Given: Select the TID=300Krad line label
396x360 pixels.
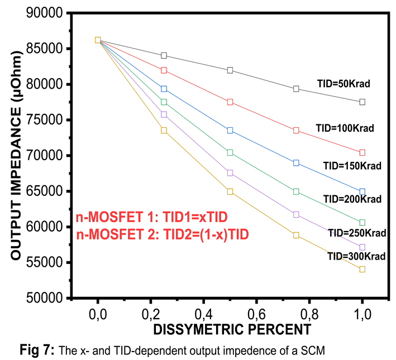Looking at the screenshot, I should click(357, 256).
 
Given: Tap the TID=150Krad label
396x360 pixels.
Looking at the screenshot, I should click(352, 166).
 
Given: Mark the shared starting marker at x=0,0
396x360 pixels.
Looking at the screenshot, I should click(98, 40).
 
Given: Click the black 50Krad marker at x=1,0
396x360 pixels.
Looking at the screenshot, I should click(362, 102).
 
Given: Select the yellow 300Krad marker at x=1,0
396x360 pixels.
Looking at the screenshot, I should click(362, 269).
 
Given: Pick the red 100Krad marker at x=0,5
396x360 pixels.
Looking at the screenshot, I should click(230, 102).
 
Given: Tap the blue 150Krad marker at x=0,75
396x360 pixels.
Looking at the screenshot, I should click(296, 163).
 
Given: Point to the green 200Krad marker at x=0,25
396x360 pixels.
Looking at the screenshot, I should click(164, 102).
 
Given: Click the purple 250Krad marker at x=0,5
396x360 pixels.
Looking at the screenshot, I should click(230, 173).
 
